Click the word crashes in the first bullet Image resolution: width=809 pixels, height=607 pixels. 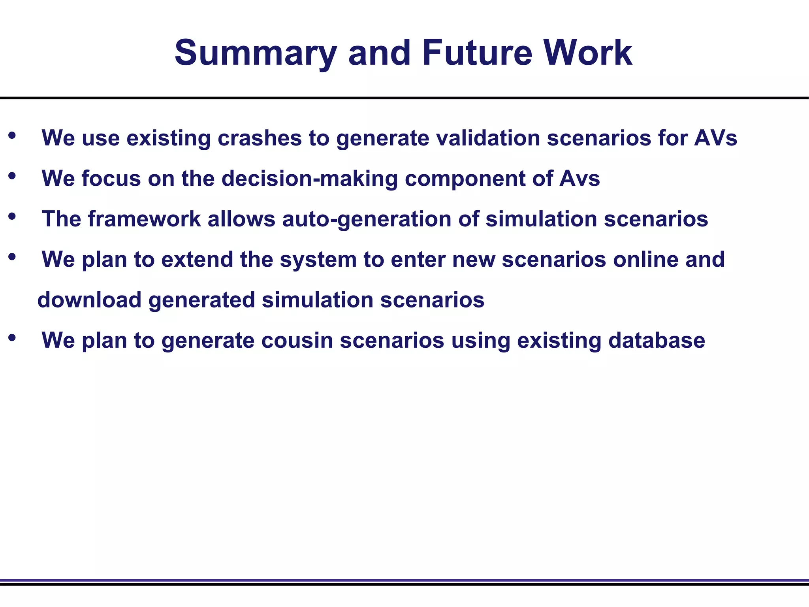259,138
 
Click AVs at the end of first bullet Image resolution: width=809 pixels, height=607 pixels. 715,138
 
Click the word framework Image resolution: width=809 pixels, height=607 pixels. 144,219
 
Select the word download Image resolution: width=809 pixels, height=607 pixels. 89,300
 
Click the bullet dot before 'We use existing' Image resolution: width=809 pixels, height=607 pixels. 12,136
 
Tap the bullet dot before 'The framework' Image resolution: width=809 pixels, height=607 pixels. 12,217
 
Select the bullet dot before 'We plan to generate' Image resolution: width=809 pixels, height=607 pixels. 12,338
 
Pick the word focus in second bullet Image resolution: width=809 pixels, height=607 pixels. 111,179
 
